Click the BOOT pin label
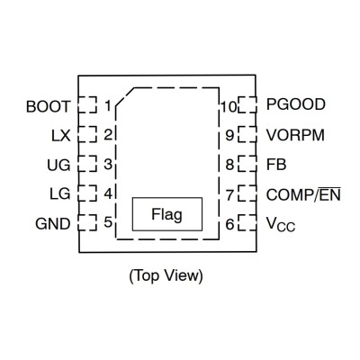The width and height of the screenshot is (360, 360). coord(48,107)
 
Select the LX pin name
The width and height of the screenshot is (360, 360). coord(61,136)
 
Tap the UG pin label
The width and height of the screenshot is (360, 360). coord(58,165)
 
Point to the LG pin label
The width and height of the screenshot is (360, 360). coord(60,193)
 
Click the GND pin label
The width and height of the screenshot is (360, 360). coord(53,224)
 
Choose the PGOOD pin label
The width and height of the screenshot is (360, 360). coord(296,104)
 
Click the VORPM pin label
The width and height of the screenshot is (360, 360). coord(295,135)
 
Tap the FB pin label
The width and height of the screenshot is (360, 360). coord(276,165)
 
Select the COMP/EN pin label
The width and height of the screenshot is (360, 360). coord(303,194)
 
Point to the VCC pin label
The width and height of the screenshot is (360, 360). coord(281,224)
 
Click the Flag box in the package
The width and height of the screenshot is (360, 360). coord(167,214)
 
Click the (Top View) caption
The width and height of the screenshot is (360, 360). coord(166,275)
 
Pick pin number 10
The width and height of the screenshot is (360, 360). coord(229,106)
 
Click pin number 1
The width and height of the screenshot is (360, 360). coord(108,106)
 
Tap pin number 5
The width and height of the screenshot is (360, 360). coord(108,222)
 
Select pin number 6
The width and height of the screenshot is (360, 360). coord(229,224)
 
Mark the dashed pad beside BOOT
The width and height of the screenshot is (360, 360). coord(87,104)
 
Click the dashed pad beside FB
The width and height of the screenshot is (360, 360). coord(247,163)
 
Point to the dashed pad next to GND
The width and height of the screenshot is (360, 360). coord(87,222)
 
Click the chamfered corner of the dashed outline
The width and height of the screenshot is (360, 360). coord(125,97)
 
